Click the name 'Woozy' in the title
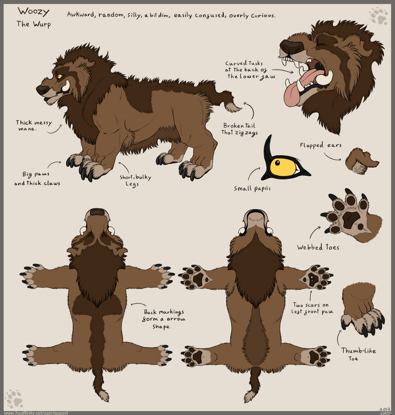(x=33, y=12)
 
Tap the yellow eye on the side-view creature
(x=59, y=76)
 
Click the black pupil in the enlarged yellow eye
(x=277, y=163)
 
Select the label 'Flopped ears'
(x=320, y=145)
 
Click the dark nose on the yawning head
(x=291, y=46)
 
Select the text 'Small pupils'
(x=252, y=188)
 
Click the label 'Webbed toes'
(x=318, y=247)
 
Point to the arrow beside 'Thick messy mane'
(x=54, y=130)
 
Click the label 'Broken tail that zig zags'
(x=240, y=129)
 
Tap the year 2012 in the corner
(x=385, y=409)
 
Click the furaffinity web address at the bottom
(x=36, y=413)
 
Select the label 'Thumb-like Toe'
(x=358, y=354)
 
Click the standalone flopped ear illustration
(x=362, y=161)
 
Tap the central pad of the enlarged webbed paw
(x=351, y=220)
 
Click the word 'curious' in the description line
(x=263, y=15)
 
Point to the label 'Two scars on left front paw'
(x=312, y=308)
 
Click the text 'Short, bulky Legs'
(x=135, y=180)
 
